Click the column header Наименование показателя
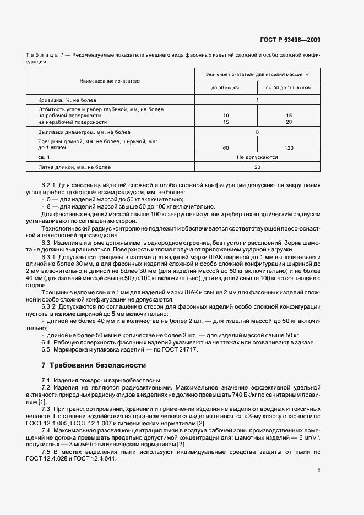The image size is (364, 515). [x=110, y=81]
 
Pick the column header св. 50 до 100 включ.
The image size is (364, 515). [x=289, y=88]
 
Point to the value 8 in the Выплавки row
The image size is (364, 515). [x=257, y=132]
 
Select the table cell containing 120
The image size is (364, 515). [x=289, y=147]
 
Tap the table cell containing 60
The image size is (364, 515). [x=226, y=147]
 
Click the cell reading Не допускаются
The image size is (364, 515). [x=257, y=157]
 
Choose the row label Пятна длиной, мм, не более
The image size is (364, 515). [x=71, y=166]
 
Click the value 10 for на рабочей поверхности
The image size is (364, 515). [x=226, y=116]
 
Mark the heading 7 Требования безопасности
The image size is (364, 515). [x=94, y=365]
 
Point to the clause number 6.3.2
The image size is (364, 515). [x=50, y=306]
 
